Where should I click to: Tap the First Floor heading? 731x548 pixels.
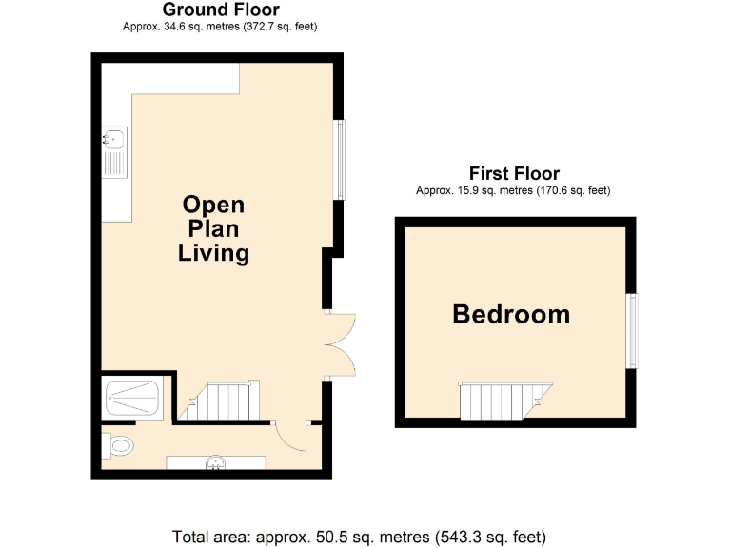click(x=514, y=173)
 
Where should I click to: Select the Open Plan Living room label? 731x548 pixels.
click(x=214, y=229)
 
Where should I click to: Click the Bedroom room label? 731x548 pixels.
click(x=511, y=314)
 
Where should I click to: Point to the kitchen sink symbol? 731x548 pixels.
click(x=113, y=153)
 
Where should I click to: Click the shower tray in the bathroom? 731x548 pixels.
click(x=133, y=397)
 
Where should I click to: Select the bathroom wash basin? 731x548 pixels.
click(x=216, y=463)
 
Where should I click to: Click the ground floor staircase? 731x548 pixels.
click(x=224, y=401)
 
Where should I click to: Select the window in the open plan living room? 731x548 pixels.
click(x=338, y=160)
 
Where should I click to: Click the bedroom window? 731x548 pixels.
click(x=631, y=330)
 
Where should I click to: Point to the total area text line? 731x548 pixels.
click(x=360, y=535)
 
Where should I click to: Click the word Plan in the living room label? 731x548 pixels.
click(x=214, y=229)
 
